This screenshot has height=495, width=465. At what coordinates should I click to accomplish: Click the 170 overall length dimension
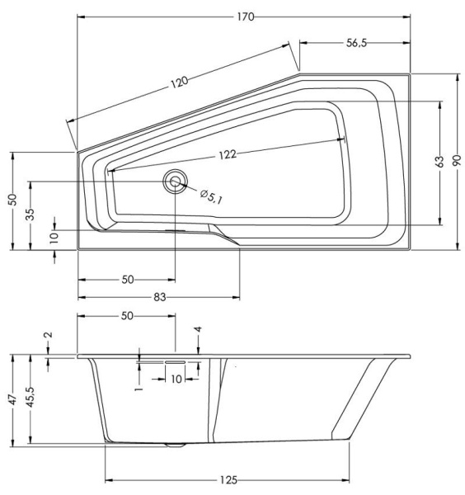coord(244,16)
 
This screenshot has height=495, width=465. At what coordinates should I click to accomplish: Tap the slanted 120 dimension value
coord(181,82)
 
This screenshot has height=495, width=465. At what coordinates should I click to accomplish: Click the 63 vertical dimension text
coord(441,162)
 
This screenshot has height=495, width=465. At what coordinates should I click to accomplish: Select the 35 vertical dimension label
coord(31,214)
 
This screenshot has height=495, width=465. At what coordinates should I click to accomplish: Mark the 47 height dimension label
coord(12,398)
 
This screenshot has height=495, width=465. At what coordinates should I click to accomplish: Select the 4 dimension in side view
coord(198,330)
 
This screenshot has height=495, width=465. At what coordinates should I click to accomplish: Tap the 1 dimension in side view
coord(139,383)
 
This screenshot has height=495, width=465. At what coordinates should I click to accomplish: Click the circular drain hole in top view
coord(174,182)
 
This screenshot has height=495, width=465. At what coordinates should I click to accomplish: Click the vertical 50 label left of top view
coord(12,200)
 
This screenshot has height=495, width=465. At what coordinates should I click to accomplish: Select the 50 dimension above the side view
coord(127,316)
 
